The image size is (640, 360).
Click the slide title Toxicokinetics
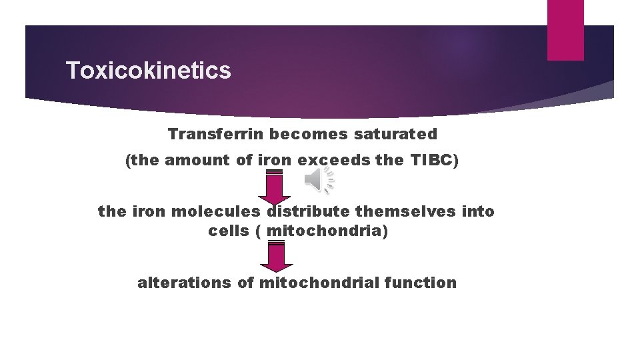click(x=149, y=71)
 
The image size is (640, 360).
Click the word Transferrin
click(x=209, y=134)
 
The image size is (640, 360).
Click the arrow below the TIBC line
click(x=274, y=187)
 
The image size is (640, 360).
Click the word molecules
click(x=217, y=211)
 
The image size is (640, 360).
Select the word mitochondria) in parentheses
click(x=327, y=231)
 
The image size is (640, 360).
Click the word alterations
click(x=185, y=283)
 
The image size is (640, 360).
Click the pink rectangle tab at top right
click(x=565, y=30)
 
